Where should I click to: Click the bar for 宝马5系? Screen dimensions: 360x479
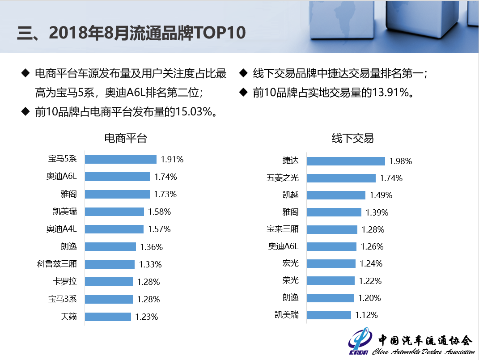pyautogui.click(x=120, y=159)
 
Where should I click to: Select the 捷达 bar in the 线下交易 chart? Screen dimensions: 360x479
pyautogui.click(x=346, y=161)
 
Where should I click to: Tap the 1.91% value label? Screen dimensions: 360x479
pyautogui.click(x=172, y=159)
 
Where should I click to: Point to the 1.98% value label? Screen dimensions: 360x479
pyautogui.click(x=401, y=161)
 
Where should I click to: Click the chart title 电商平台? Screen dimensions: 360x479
pyautogui.click(x=126, y=138)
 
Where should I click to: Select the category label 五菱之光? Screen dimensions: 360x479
pyautogui.click(x=283, y=178)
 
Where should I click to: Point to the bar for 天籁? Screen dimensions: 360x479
pyautogui.click(x=108, y=317)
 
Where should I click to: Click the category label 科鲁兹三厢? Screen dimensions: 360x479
pyautogui.click(x=57, y=264)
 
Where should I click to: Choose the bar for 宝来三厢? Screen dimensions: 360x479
pyautogui.click(x=332, y=229)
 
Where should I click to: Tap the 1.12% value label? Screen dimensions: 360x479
pyautogui.click(x=367, y=315)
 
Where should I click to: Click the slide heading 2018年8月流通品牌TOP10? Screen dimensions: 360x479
pyautogui.click(x=147, y=33)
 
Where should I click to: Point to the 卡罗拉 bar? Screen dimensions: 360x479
pyautogui.click(x=109, y=282)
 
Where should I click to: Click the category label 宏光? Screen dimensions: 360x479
pyautogui.click(x=290, y=263)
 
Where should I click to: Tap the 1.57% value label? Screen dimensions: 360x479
pyautogui.click(x=159, y=229)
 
